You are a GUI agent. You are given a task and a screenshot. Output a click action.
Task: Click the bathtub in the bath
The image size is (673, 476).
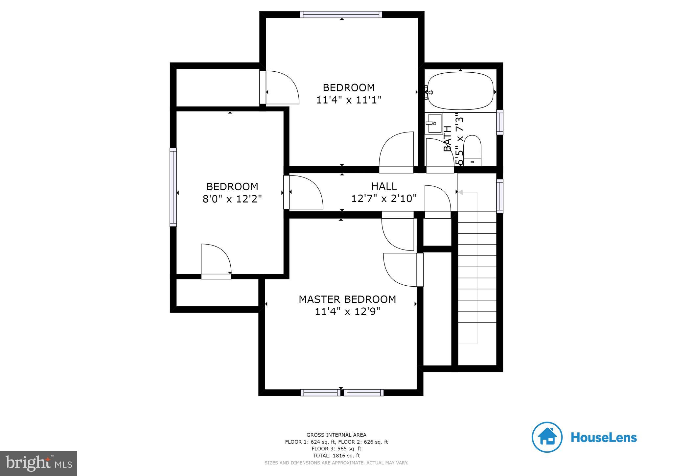[x=460, y=91]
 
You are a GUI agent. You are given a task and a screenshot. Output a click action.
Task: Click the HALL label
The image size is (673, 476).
[x=384, y=186]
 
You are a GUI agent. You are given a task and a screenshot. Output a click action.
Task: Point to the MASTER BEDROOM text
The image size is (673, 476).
[x=347, y=299]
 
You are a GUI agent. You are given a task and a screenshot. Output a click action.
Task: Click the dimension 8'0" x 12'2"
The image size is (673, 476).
[x=232, y=199]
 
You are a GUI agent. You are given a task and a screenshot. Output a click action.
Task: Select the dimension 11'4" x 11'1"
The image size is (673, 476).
[x=348, y=100]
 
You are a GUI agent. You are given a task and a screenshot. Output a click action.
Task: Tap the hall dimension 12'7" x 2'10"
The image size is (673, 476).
[x=384, y=199]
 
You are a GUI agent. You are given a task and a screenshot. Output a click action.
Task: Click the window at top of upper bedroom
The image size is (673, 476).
[x=341, y=14]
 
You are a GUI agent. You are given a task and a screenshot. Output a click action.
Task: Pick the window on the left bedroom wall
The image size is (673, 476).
[x=173, y=187]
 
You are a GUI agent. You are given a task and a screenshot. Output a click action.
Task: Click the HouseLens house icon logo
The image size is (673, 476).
[x=547, y=437]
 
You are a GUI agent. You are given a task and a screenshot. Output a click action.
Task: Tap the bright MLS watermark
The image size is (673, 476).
[x=38, y=463]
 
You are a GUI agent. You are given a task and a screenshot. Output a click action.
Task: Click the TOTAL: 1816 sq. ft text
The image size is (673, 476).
[x=336, y=456]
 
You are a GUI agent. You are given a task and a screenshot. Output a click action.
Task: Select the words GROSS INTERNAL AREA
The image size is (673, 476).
[x=336, y=435]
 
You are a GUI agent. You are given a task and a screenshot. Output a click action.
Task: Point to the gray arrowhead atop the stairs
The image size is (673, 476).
[x=461, y=192]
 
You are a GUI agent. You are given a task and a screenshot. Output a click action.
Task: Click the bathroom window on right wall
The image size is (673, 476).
[x=499, y=122]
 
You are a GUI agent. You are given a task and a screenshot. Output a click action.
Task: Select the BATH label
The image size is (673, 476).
[x=447, y=139]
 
